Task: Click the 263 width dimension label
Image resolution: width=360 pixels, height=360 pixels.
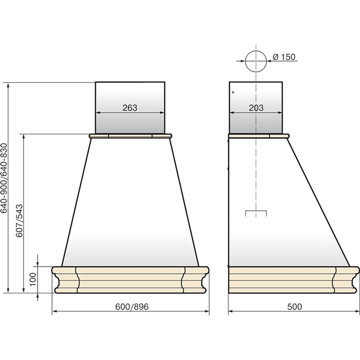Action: (x=130, y=108)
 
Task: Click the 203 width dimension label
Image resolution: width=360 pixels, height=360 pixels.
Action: (x=256, y=108)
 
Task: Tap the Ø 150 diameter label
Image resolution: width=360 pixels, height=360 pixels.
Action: (x=284, y=57)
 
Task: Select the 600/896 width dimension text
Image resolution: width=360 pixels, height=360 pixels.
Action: (x=132, y=306)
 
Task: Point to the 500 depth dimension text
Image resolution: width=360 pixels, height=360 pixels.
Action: (x=295, y=306)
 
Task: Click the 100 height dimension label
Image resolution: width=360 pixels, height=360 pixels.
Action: (x=33, y=279)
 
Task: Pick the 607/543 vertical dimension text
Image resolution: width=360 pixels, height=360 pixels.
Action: (x=20, y=220)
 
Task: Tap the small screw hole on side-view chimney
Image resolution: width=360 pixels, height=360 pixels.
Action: (x=233, y=92)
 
